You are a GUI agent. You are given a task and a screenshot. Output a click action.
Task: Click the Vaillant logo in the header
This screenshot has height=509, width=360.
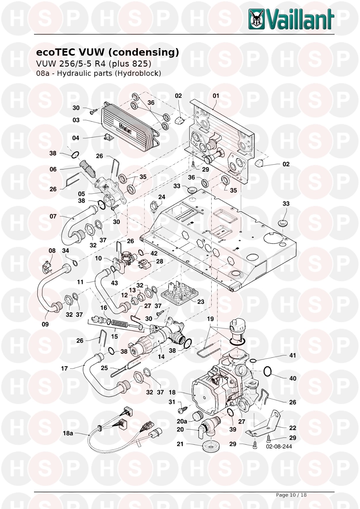(291, 19)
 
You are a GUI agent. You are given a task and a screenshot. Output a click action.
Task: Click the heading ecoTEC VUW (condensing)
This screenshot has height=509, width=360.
(107, 52)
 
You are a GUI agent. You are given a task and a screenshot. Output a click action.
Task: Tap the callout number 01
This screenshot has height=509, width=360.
(216, 96)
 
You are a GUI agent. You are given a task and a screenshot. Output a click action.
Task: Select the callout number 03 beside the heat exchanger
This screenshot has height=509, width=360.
(76, 120)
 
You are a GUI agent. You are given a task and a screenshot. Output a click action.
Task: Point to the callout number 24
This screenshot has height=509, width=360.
(162, 197)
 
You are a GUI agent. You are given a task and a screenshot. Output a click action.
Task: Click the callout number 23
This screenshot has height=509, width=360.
(201, 301)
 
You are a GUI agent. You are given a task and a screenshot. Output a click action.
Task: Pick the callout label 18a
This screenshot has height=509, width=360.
(68, 433)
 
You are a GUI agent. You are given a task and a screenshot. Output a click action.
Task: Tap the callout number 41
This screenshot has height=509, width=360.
(293, 355)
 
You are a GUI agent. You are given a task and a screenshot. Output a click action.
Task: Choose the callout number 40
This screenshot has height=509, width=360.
(293, 378)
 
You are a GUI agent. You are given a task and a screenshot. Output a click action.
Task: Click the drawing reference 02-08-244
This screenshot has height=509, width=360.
(279, 446)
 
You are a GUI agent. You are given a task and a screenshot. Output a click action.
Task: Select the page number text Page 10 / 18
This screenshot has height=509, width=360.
(291, 495)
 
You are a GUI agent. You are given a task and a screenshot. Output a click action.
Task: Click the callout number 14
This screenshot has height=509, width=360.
(161, 357)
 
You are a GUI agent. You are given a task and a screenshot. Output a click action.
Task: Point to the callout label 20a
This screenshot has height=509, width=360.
(182, 421)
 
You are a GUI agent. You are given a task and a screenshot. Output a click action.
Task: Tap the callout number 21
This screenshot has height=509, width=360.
(180, 444)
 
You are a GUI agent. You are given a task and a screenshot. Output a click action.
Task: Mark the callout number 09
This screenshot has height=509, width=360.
(45, 324)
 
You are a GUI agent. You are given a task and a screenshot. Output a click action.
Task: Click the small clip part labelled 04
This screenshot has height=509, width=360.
(109, 138)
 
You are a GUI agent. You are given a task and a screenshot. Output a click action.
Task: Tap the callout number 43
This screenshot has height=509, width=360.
(114, 283)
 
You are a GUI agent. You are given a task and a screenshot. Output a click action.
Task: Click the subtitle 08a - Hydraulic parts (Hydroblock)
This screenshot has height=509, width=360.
(98, 73)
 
